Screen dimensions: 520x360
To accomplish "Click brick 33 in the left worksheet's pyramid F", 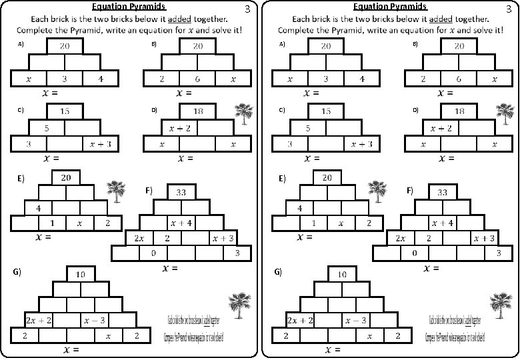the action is (181, 192).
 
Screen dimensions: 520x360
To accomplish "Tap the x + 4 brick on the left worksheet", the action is (181, 223).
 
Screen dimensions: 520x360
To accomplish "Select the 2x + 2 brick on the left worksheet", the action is (39, 321).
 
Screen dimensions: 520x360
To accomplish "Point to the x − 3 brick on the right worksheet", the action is (356, 321).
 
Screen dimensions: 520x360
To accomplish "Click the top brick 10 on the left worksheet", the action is (81, 274).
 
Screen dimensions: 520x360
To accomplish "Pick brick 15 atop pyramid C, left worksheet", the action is (65, 111).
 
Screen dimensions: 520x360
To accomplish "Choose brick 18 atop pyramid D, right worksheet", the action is (459, 111).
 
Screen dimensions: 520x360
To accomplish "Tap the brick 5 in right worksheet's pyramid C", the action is (308, 128).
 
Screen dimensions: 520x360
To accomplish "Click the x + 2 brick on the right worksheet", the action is (441, 128).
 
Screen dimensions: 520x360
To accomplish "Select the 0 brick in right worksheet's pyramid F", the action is (415, 253).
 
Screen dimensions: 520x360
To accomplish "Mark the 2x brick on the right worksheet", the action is (401, 238).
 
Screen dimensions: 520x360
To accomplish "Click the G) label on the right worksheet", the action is (279, 272).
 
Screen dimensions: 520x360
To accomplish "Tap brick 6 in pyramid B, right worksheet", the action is (459, 79).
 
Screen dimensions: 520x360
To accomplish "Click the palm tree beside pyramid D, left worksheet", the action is (245, 114).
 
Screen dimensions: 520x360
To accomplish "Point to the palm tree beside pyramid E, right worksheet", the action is (379, 191).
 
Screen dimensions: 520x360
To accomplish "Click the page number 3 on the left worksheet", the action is (247, 9).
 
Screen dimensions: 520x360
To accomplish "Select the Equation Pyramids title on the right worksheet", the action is (389, 7).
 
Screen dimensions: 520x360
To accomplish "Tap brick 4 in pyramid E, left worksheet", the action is (39, 208).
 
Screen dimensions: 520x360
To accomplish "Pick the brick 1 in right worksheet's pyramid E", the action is (314, 223).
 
